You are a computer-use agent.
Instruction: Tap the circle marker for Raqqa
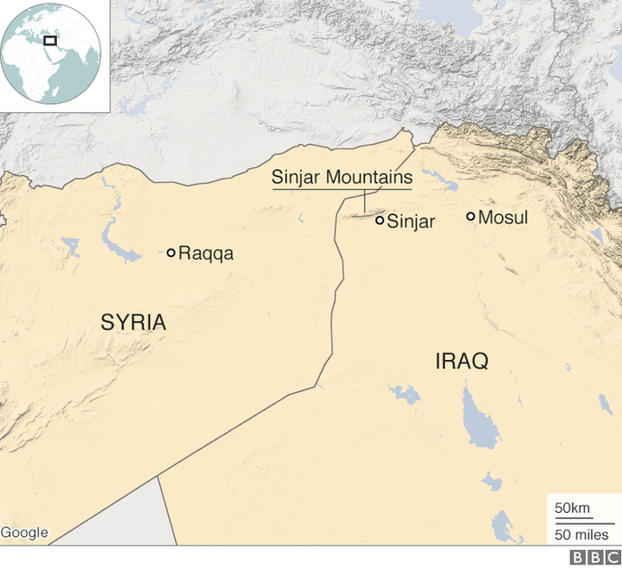[x=171, y=252]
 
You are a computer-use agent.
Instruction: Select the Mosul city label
[x=503, y=218]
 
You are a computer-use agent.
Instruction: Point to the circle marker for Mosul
[x=470, y=216]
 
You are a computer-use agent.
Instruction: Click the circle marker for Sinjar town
[x=379, y=220]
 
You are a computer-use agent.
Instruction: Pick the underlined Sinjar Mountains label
[x=342, y=179]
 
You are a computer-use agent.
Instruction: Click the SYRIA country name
[x=133, y=322]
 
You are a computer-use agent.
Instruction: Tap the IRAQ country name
[x=461, y=361]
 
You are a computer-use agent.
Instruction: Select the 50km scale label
[x=572, y=508]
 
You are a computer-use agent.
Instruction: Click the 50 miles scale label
[x=582, y=534]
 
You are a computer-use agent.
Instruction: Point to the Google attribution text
[x=25, y=532]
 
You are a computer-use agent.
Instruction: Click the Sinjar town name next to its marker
[x=412, y=222]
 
